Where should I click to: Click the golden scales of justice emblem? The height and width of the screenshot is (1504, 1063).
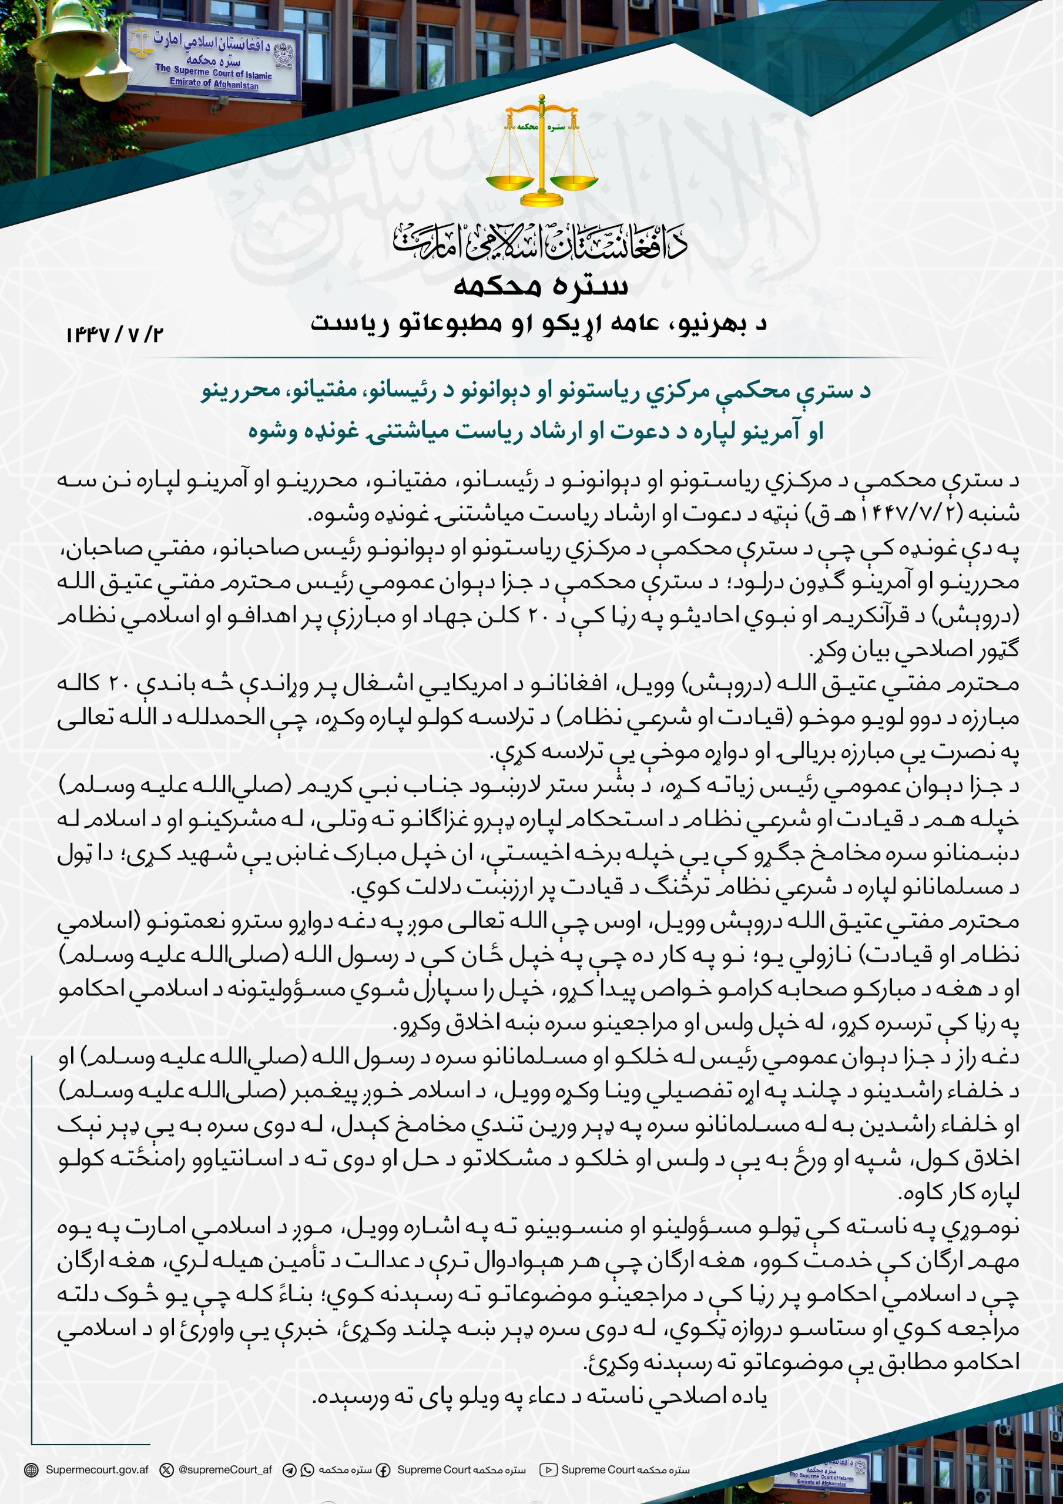[541, 150]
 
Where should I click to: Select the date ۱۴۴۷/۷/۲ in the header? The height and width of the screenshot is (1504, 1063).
[114, 335]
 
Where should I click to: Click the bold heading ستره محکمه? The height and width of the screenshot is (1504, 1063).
[541, 286]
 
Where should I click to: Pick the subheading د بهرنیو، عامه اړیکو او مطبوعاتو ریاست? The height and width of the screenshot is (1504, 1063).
[539, 323]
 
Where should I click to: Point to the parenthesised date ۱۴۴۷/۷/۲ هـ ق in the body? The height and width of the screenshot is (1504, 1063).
[917, 513]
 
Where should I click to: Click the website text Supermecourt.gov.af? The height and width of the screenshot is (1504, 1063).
[97, 1469]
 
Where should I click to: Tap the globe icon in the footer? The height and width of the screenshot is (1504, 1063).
[31, 1470]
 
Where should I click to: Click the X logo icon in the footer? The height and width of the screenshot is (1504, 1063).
[167, 1470]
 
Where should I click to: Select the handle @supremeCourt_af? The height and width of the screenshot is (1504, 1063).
[225, 1469]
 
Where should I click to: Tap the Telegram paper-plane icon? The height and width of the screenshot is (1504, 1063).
[289, 1470]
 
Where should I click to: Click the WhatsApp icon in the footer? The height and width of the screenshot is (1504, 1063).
[307, 1470]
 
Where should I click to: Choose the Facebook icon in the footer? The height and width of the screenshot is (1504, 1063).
[383, 1470]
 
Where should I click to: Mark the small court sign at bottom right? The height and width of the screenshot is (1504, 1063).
[823, 1471]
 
